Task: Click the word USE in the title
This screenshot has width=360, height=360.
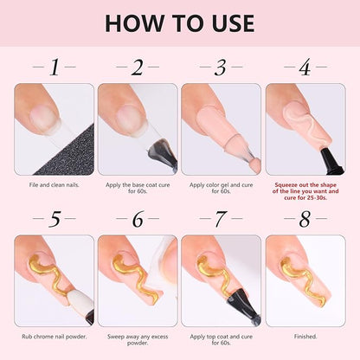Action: [234, 23]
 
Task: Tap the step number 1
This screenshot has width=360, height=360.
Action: [55, 67]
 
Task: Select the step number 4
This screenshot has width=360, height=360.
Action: [305, 67]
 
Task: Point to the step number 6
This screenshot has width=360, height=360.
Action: [138, 219]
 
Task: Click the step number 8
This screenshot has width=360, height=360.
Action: [305, 219]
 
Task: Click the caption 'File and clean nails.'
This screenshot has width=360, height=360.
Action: [54, 185]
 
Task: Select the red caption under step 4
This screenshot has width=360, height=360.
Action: [305, 191]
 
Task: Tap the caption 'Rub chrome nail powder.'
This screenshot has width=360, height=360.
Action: [55, 337]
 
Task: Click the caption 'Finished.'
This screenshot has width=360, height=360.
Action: [305, 337]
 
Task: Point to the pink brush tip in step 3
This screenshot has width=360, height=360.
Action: [254, 165]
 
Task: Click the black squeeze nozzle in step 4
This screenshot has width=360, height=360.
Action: [331, 162]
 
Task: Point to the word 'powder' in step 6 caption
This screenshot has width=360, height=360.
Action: [138, 343]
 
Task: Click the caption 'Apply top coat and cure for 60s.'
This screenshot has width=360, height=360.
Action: [222, 340]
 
